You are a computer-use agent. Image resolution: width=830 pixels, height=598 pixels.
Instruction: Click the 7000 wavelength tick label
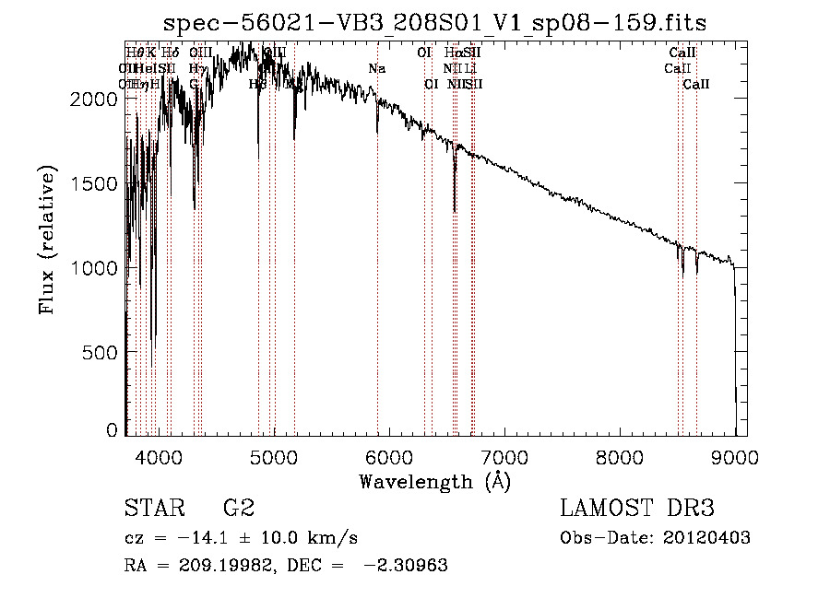point(504,456)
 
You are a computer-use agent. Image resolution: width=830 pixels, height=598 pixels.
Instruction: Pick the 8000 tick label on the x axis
point(620,456)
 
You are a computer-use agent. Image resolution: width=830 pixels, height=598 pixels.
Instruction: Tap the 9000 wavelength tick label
point(735,456)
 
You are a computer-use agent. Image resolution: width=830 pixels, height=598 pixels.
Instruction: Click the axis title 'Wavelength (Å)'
point(434,481)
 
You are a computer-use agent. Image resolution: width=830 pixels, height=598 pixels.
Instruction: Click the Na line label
point(376,69)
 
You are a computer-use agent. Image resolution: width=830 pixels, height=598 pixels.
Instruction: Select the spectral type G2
point(238,508)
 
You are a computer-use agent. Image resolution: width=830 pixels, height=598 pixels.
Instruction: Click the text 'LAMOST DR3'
point(637,508)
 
